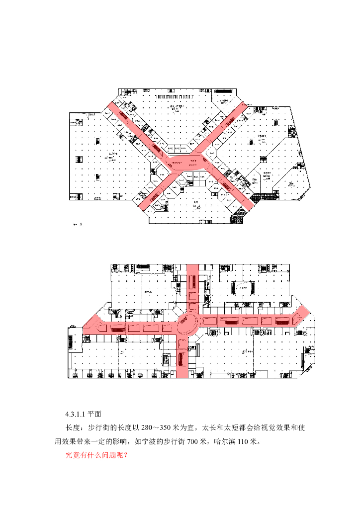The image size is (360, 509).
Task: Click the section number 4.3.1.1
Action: pos(76,414)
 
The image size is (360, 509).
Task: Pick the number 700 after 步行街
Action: pos(189,441)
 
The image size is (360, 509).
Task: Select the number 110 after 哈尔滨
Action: pos(241,441)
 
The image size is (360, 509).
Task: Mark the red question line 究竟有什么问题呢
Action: pos(96,455)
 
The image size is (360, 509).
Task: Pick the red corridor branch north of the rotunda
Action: pos(192,286)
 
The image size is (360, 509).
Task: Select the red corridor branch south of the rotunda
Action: pos(182,355)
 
